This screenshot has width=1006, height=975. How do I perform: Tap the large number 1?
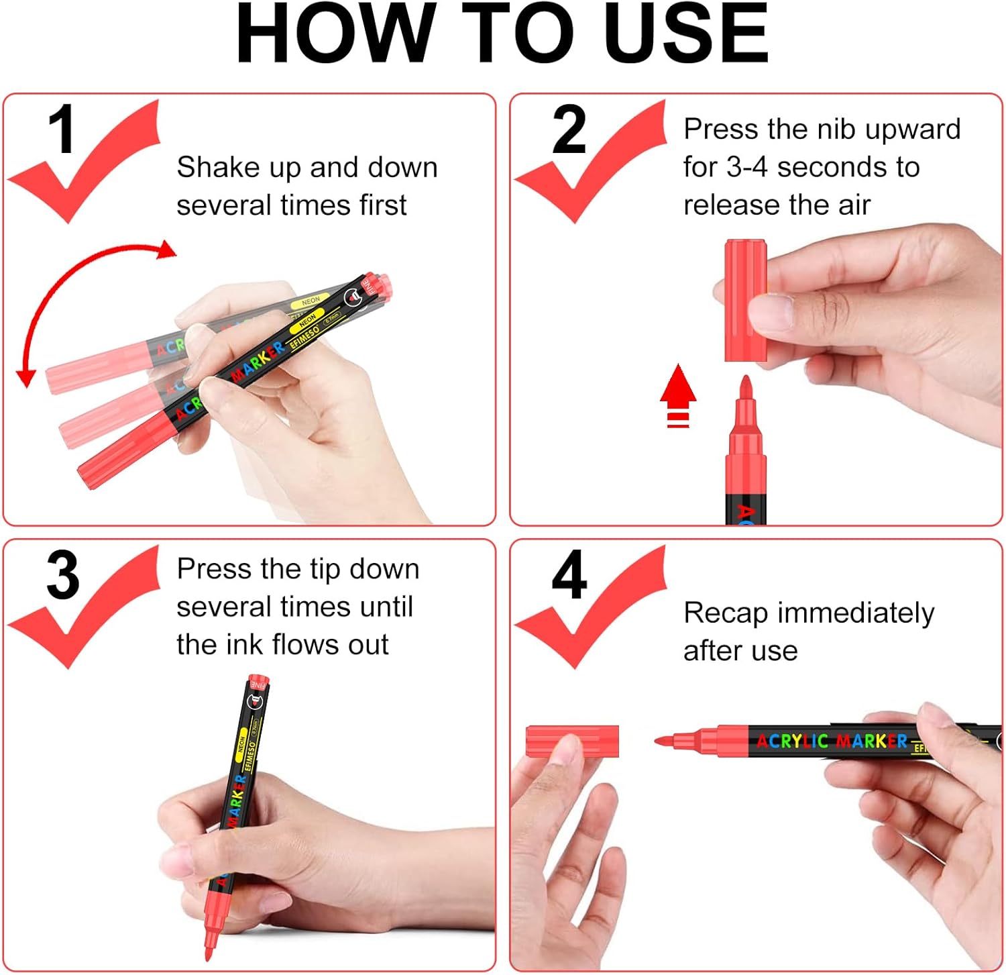point(61,130)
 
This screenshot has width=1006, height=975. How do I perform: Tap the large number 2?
point(569,130)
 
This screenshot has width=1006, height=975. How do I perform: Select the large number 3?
point(62,576)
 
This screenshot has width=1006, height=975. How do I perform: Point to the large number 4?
point(569,576)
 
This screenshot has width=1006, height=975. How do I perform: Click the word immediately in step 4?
point(855,613)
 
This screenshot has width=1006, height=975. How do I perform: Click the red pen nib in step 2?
point(746,390)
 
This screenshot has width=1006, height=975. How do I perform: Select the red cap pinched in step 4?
point(571,740)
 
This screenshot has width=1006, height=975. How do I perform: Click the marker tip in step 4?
point(664,740)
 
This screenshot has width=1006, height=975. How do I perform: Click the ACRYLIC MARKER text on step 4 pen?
point(832,741)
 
